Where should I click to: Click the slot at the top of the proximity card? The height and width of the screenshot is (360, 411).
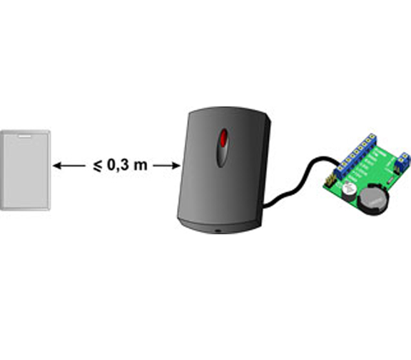coord(25,136)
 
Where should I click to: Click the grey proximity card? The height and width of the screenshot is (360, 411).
coord(25,170)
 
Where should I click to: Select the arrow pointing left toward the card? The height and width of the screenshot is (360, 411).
coord(69,166)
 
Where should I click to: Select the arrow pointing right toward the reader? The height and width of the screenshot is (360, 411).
coord(167,166)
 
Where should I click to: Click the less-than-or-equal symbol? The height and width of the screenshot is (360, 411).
coord(98,166)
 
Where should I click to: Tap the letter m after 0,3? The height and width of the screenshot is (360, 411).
coord(141,166)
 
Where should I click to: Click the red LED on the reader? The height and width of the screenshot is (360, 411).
coord(223,138)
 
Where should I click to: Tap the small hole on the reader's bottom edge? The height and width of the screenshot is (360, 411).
coord(218,231)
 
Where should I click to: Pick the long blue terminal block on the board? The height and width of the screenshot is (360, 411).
coord(355,156)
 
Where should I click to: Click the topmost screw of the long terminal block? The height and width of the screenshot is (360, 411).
coord(372,136)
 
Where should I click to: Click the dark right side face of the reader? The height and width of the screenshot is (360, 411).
coord(266,168)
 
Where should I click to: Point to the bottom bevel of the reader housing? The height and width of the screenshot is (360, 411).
coord(220,226)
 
